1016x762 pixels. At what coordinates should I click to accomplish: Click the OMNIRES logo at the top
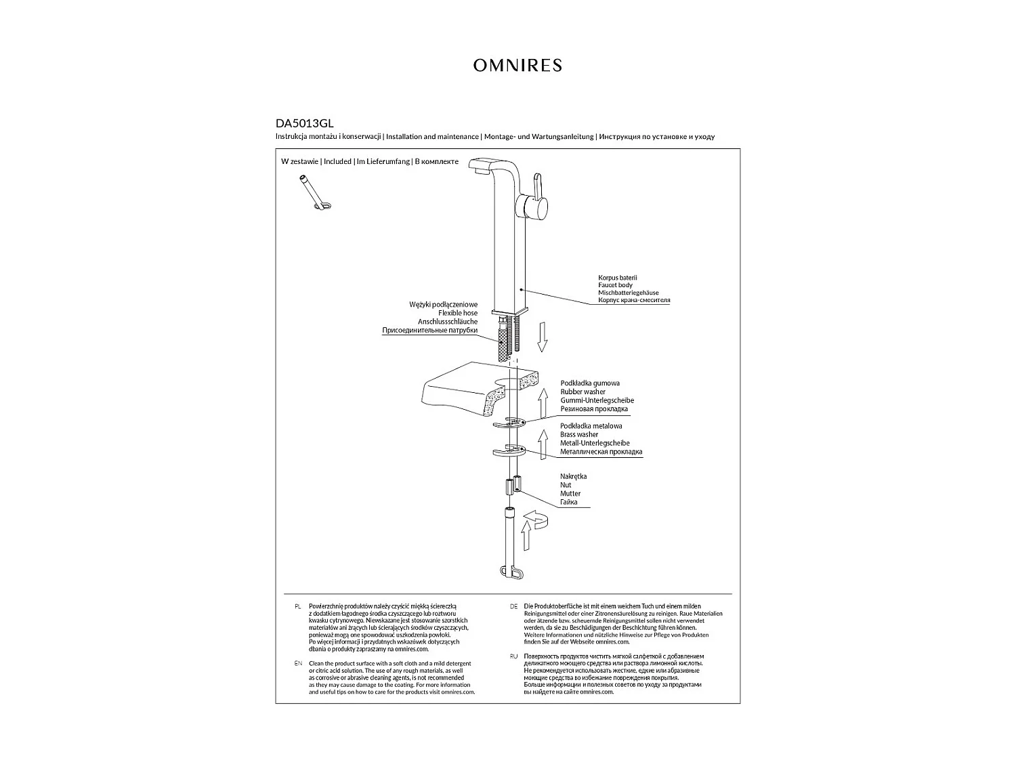[x=517, y=65]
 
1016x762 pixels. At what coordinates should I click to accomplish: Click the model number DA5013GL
[x=304, y=124]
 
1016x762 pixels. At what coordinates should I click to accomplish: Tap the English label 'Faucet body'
[x=615, y=285]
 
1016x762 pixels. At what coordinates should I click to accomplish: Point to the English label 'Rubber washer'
[x=583, y=392]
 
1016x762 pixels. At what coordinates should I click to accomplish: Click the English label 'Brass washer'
[x=579, y=435]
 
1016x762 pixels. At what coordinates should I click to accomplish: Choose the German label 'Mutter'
[x=570, y=494]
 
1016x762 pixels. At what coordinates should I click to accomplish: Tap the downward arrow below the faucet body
[x=542, y=337]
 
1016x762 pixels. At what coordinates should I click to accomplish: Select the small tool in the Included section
[x=314, y=192]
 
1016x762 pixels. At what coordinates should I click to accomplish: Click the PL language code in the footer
[x=298, y=606]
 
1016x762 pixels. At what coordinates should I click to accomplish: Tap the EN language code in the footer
[x=298, y=663]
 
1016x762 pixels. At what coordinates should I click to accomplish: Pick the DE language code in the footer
[x=513, y=606]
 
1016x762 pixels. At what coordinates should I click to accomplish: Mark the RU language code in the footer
[x=513, y=656]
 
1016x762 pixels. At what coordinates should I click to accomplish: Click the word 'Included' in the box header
[x=337, y=162]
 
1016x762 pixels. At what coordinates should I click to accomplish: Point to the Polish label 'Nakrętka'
[x=573, y=477]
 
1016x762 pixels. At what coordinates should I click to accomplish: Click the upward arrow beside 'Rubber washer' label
[x=543, y=404]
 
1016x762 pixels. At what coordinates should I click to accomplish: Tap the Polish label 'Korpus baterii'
[x=618, y=278]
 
